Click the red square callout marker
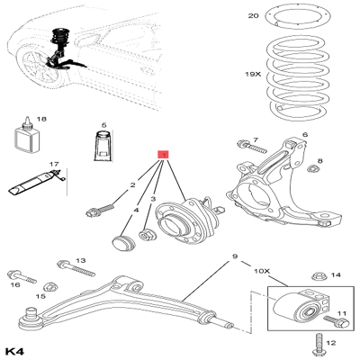162,155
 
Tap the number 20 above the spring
254,16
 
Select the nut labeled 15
50,286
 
